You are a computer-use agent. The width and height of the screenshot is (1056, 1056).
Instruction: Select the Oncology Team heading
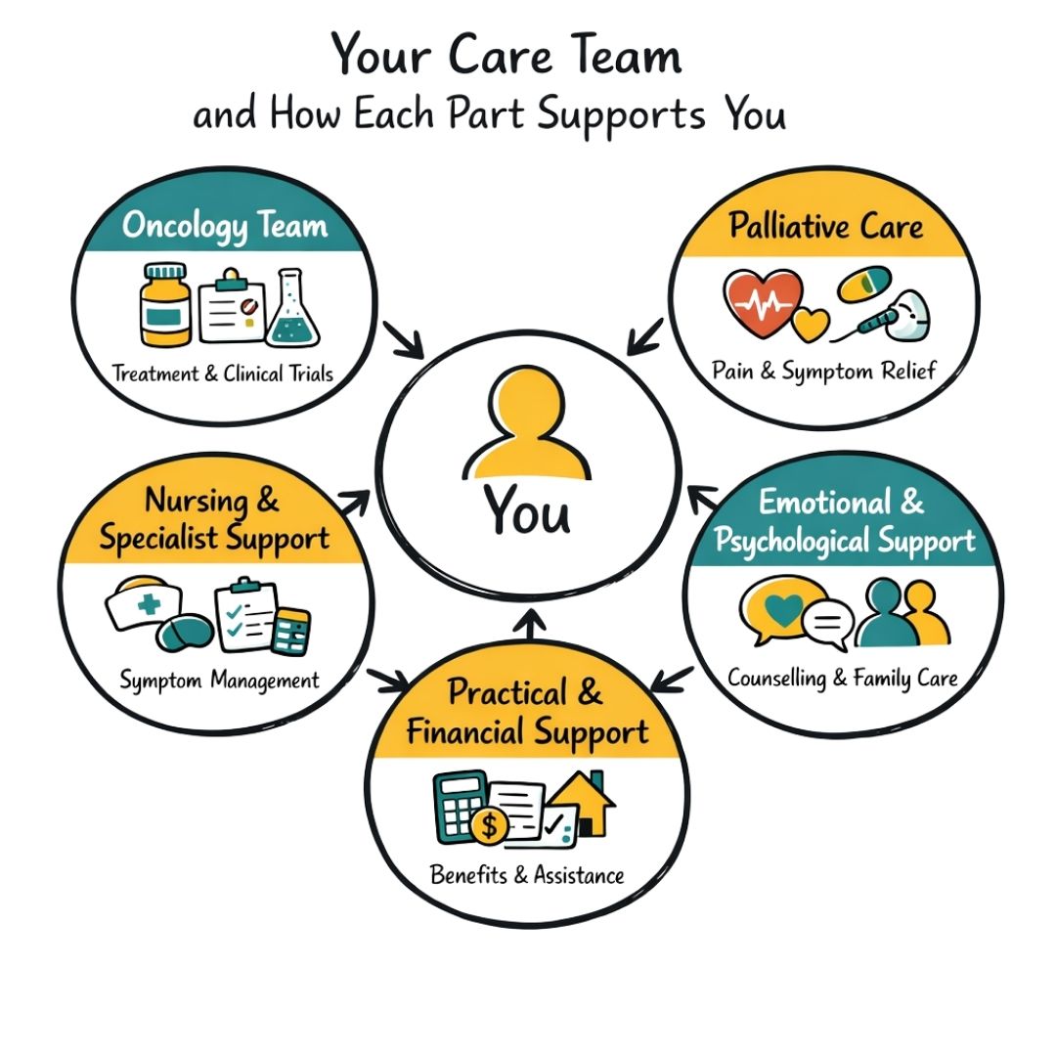coord(224,227)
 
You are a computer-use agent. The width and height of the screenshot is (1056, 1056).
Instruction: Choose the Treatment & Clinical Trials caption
coord(223,373)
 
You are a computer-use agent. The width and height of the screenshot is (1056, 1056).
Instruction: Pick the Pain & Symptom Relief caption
coord(824,371)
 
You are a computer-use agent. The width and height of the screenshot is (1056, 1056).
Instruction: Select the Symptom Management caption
coord(219,681)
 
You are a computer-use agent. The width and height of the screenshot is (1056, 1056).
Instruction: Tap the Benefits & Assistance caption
coord(527,875)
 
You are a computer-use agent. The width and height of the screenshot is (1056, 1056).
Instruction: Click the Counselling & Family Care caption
coord(842,678)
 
